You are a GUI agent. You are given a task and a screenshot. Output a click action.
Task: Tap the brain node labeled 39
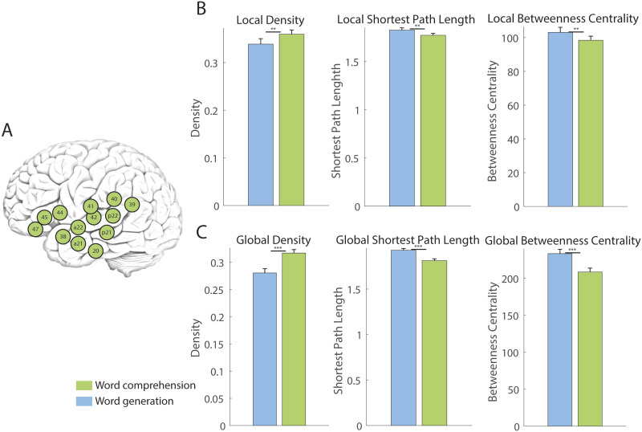(132, 205)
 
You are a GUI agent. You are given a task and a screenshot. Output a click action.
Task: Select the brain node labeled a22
(79, 227)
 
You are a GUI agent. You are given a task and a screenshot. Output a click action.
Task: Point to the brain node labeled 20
(96, 251)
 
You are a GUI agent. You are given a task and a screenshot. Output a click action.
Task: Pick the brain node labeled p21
(107, 233)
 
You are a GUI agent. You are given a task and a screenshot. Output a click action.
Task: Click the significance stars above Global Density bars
(278, 249)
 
